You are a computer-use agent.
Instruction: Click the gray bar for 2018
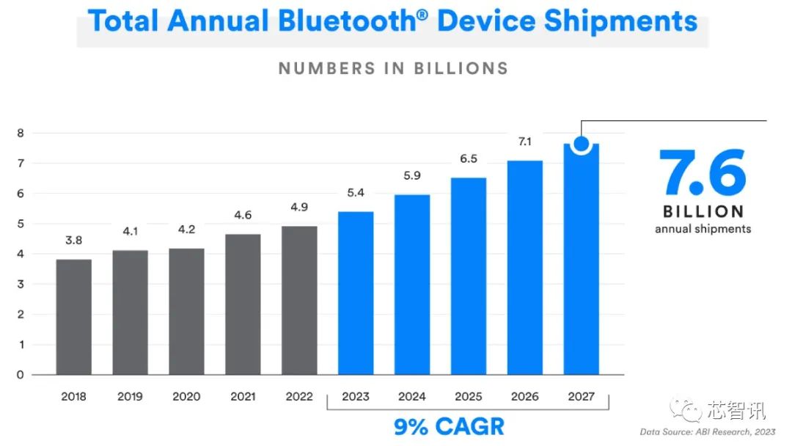pyautogui.click(x=73, y=317)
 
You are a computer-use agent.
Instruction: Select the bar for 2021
pyautogui.click(x=243, y=304)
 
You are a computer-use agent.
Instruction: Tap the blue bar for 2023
pyautogui.click(x=356, y=293)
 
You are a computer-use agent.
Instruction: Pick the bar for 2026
pyautogui.click(x=524, y=268)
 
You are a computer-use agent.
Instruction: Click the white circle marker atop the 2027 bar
pyautogui.click(x=581, y=144)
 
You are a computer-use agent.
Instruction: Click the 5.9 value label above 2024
pyautogui.click(x=412, y=176)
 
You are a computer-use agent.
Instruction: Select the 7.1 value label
pyautogui.click(x=524, y=142)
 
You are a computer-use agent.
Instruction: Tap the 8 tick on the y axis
pyautogui.click(x=21, y=133)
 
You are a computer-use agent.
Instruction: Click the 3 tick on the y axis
pyautogui.click(x=21, y=284)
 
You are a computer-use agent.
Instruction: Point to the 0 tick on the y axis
pyautogui.click(x=21, y=375)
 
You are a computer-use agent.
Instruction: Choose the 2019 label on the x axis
pyautogui.click(x=130, y=397)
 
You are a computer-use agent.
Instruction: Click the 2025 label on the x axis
pyautogui.click(x=469, y=397)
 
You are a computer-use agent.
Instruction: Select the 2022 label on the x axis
pyautogui.click(x=299, y=397)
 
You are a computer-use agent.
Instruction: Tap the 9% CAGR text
pyautogui.click(x=449, y=426)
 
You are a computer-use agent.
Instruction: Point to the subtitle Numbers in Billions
pyautogui.click(x=393, y=69)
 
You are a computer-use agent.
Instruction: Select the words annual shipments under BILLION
pyautogui.click(x=703, y=229)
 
